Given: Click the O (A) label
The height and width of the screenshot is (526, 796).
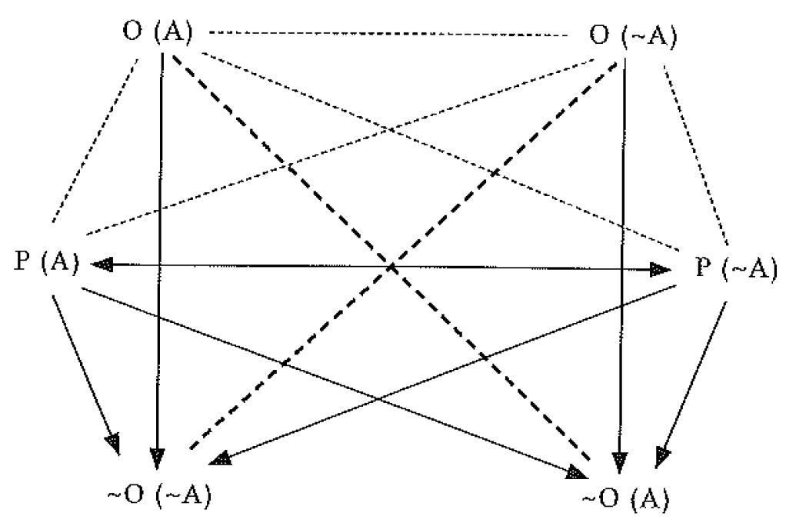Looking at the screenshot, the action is point(158,33).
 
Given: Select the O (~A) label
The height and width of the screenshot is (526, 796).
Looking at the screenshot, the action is point(633,36).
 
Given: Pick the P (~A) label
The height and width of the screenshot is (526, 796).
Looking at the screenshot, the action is point(735,267).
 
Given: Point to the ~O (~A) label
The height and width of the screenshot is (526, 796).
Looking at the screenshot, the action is point(159,495).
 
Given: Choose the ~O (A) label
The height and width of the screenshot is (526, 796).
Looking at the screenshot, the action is point(625,498).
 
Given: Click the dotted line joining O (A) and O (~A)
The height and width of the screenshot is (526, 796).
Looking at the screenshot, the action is point(388,34).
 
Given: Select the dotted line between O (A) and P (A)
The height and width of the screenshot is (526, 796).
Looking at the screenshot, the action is point(95,141).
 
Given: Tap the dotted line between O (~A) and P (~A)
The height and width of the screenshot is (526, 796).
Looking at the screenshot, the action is point(697,155).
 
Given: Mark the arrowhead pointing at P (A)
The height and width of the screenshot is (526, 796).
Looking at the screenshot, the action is point(101,264).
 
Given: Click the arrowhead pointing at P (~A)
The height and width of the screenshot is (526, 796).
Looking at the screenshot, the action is point(660,270).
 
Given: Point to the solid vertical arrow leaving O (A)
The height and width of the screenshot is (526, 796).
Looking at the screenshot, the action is point(159,260).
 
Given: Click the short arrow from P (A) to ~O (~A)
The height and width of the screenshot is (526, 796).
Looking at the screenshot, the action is point(85,375).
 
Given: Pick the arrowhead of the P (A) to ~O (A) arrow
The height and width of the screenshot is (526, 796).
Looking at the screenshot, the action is point(578,473).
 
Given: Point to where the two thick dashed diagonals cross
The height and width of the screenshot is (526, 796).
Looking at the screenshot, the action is point(392,267).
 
